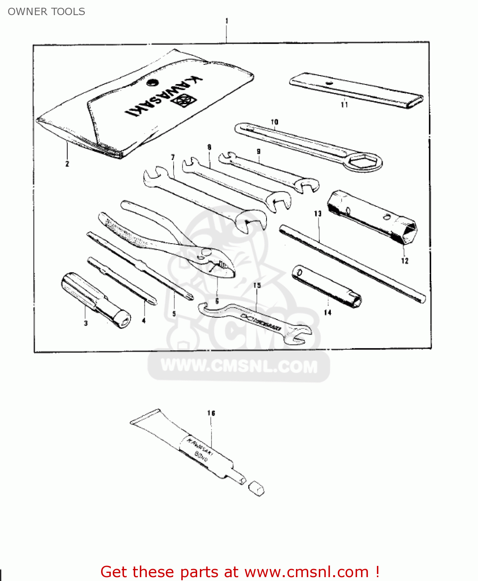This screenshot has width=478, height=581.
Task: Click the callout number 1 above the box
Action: click(x=227, y=21)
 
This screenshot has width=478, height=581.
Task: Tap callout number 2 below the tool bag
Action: click(x=67, y=164)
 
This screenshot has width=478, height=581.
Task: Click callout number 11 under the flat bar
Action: click(x=344, y=105)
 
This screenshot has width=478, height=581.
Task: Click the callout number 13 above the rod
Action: click(x=318, y=213)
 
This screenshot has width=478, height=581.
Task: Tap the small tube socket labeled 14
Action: click(x=327, y=287)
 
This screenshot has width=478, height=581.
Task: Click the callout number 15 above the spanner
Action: click(x=257, y=285)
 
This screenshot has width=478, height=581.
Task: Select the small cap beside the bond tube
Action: click(x=256, y=489)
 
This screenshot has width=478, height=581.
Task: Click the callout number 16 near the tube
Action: click(x=211, y=413)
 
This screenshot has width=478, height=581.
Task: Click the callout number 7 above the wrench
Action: click(x=173, y=157)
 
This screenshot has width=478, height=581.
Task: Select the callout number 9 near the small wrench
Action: click(x=258, y=151)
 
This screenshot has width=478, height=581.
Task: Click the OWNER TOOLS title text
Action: click(x=46, y=12)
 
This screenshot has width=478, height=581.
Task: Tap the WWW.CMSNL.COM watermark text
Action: click(x=239, y=366)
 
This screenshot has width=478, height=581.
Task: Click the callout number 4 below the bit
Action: click(x=144, y=320)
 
